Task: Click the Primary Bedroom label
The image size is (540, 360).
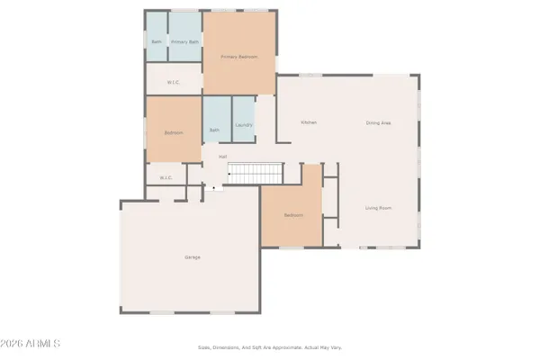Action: click(x=239, y=57)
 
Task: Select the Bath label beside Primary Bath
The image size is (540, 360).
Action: click(x=157, y=41)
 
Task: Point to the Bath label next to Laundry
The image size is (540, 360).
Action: click(x=215, y=130)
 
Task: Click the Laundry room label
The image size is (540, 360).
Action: click(x=243, y=125)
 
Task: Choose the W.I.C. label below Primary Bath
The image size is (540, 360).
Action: click(x=175, y=82)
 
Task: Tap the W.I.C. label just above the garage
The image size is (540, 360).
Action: click(x=166, y=177)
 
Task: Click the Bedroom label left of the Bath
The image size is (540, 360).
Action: click(x=174, y=133)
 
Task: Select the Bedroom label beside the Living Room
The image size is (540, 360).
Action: click(x=293, y=215)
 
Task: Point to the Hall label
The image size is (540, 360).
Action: click(x=221, y=157)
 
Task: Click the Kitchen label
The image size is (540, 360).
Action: click(x=309, y=122)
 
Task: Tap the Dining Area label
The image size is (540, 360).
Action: click(x=378, y=122)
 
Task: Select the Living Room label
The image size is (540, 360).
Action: click(x=378, y=208)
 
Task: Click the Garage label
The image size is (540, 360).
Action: click(x=193, y=257)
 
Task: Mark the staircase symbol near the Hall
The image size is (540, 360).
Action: click(x=254, y=173)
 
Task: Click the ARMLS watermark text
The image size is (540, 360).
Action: click(x=32, y=344)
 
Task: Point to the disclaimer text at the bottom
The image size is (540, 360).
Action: click(x=270, y=347)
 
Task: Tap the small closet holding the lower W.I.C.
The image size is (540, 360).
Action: click(x=165, y=175)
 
